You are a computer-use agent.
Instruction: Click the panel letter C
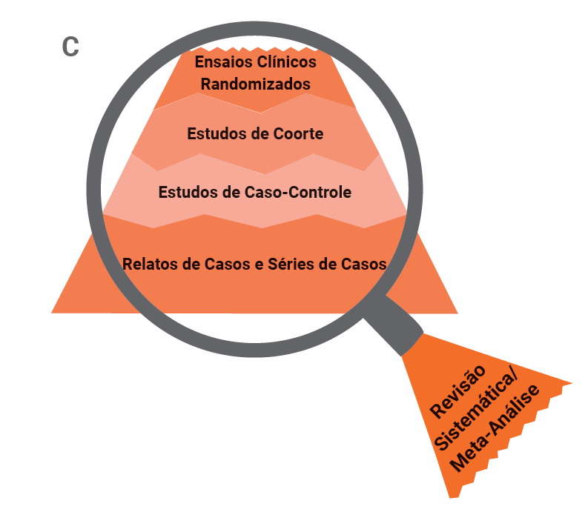pos(70,46)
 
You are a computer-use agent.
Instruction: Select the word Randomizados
pos(256,84)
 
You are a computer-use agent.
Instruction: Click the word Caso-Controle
pos(297,192)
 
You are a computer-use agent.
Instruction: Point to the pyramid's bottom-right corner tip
pos(455,311)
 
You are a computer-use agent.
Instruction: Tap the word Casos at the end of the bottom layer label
pos(364,263)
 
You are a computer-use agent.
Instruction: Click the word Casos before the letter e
pos(228,263)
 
